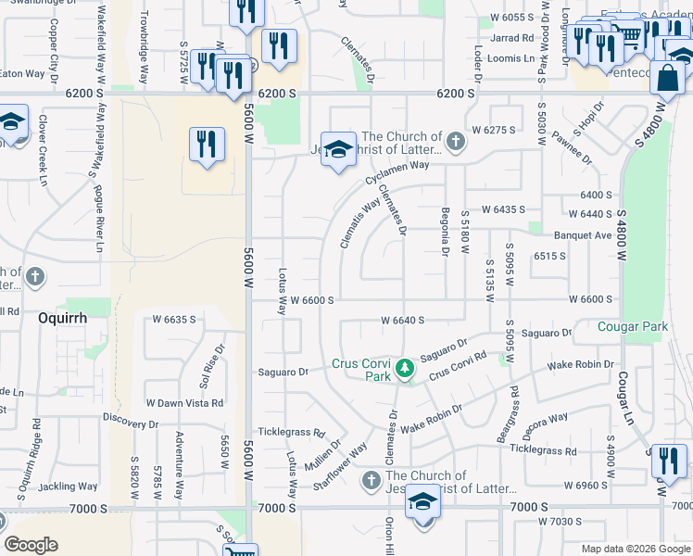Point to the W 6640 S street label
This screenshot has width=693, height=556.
402,320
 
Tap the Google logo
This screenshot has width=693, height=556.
31,545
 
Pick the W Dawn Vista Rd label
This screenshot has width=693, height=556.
185,403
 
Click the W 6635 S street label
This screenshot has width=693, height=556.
173,320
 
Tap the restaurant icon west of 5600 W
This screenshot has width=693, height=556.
207,145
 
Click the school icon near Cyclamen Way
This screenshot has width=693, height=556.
338,150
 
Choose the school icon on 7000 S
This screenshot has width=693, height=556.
422,501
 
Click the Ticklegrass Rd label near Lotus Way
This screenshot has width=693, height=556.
291,433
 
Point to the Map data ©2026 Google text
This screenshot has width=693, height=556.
635,548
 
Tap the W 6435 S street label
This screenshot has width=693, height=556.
503,210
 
